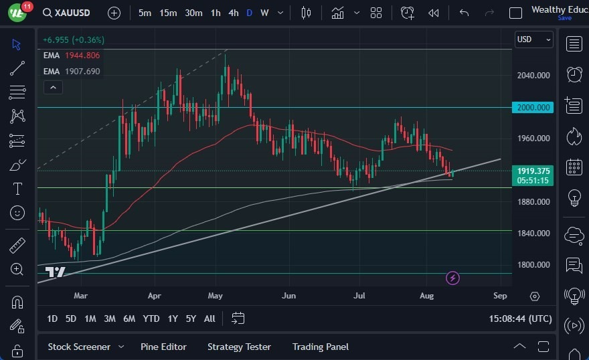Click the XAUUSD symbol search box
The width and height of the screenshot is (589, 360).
tap(68, 13)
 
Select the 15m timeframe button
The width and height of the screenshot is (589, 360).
tap(168, 13)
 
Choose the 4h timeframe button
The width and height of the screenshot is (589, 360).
tap(233, 13)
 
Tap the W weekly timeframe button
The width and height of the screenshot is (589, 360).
tap(264, 13)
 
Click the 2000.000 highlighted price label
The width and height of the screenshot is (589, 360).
tap(533, 107)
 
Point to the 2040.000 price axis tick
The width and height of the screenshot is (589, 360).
tap(533, 75)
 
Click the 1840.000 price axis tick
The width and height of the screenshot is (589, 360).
tap(533, 233)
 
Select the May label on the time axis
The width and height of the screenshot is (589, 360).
tap(215, 295)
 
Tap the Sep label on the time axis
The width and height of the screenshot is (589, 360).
tap(500, 295)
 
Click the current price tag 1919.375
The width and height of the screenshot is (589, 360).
tap(533, 171)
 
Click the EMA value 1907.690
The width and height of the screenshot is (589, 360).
tap(82, 71)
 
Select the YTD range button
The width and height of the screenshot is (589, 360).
tap(151, 319)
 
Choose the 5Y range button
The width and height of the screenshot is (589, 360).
tap(191, 319)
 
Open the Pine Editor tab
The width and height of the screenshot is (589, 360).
tap(163, 347)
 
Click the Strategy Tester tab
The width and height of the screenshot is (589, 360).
tap(239, 347)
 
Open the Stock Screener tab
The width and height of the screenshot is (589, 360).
tap(79, 347)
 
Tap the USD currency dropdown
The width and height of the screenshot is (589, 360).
tap(534, 39)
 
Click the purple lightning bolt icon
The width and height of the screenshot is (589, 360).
tap(453, 278)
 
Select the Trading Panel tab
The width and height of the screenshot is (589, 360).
tap(321, 347)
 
